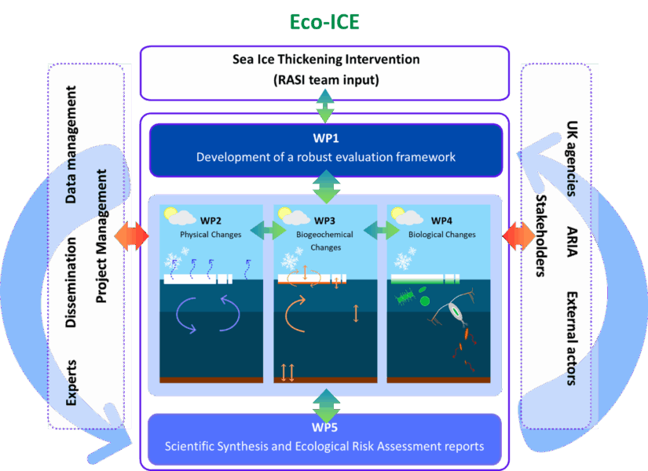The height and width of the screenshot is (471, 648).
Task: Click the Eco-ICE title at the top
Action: coord(324,22)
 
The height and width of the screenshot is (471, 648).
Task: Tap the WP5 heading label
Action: coord(324,429)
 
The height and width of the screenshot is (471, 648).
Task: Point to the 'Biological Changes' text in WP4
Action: coord(441,234)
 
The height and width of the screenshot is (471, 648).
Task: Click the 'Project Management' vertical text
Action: coord(101,235)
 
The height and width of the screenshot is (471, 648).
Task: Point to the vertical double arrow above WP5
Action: coord(325,404)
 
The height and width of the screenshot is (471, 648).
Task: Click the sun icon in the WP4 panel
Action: coord(397,214)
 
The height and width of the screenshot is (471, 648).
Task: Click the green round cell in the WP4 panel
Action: coord(424,300)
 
